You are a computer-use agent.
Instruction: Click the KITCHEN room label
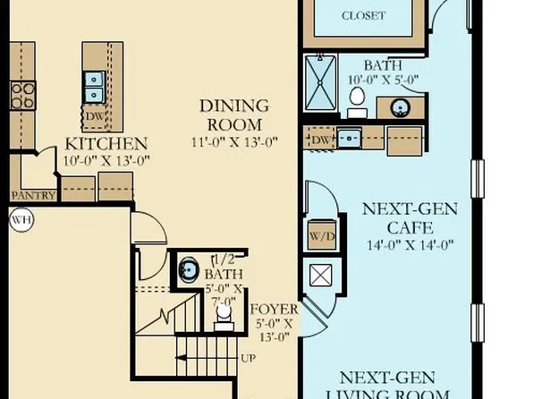click(x=106, y=143)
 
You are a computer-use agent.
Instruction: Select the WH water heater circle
click(x=20, y=218)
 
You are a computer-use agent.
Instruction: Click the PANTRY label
click(x=34, y=195)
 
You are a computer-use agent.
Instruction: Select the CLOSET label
click(x=363, y=15)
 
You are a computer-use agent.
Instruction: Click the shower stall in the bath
click(x=320, y=83)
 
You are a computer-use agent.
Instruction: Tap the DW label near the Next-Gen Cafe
click(x=319, y=140)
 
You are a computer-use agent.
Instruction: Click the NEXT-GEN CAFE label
click(x=410, y=218)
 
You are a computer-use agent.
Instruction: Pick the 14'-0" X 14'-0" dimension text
click(x=410, y=245)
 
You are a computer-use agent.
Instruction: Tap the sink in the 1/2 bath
click(x=189, y=269)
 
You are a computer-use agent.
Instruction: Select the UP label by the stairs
click(x=248, y=359)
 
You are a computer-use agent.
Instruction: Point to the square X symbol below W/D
click(x=320, y=276)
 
